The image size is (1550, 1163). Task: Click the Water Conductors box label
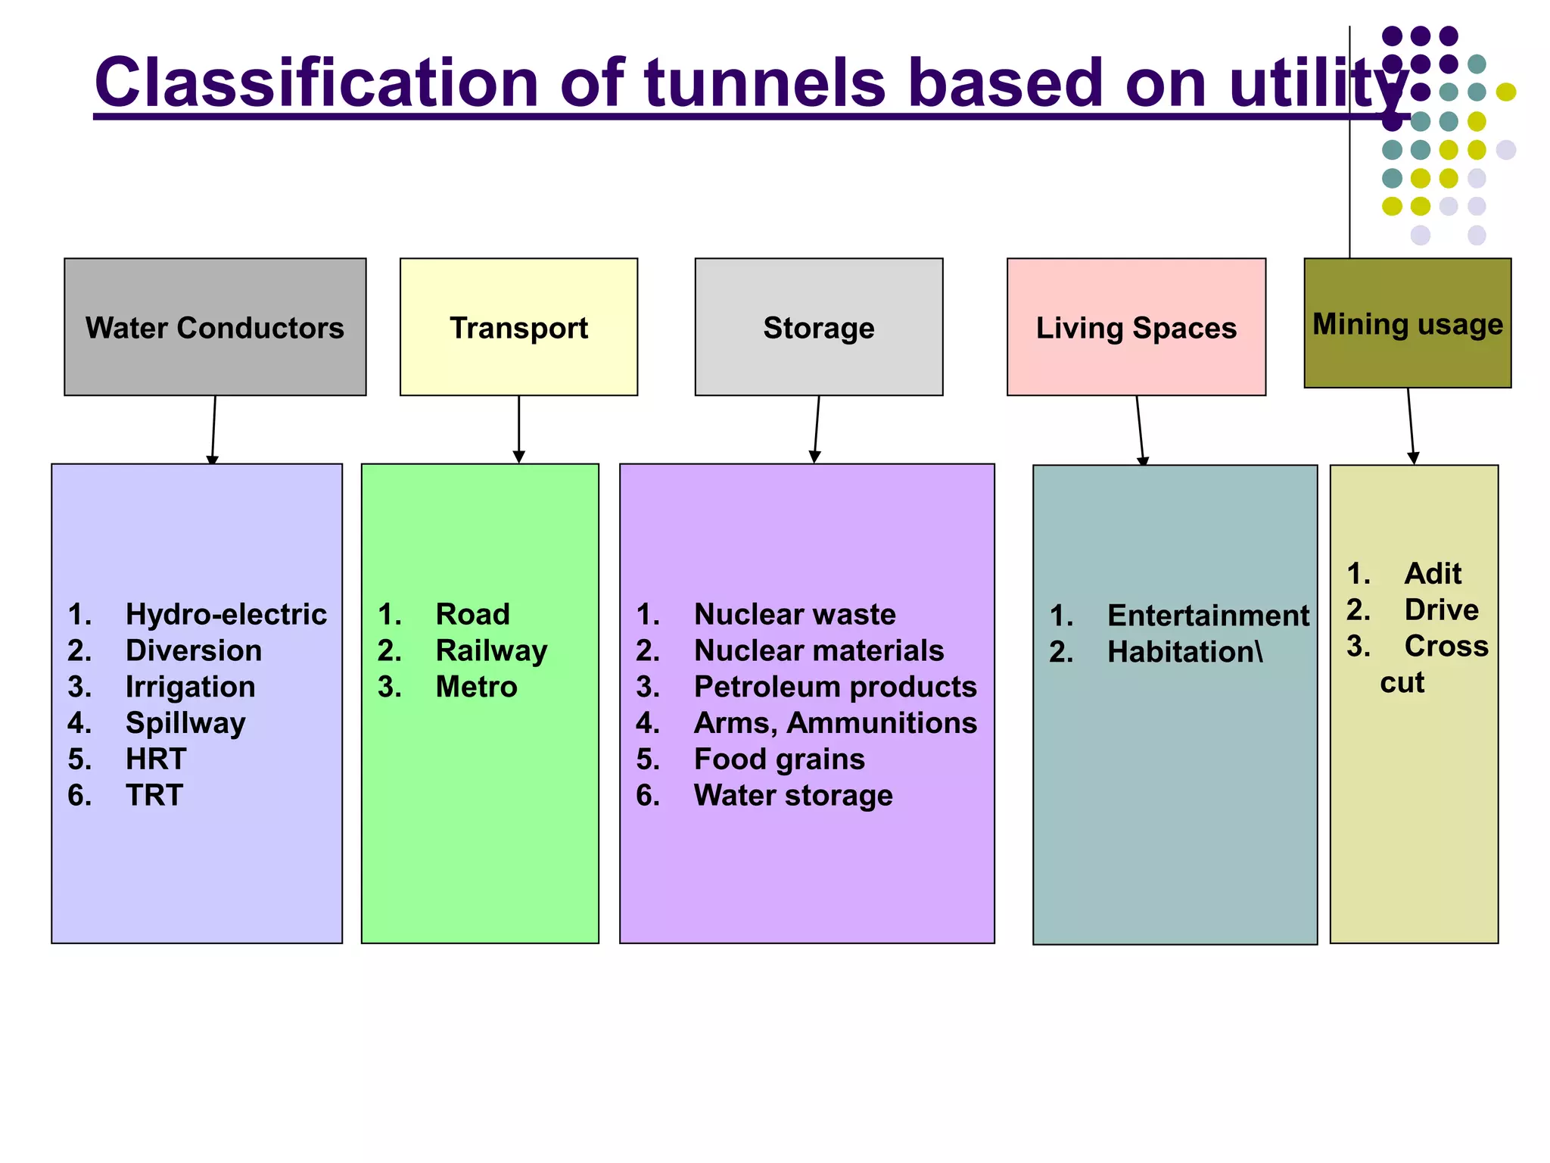coord(215,328)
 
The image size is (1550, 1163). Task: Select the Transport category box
coord(518,327)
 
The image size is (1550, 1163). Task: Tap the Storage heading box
coord(818,327)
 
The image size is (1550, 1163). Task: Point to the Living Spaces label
coord(1135,328)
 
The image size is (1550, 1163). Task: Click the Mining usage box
coord(1407,323)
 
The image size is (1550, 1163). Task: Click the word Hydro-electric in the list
coord(226,614)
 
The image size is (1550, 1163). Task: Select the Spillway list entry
coord(185,723)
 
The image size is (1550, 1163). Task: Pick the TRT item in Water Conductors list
coord(154,795)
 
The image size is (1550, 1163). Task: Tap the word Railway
coord(491,650)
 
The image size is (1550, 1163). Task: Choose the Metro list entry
coord(476,687)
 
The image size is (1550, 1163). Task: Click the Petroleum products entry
coord(835,687)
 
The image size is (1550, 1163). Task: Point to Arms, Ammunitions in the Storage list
coord(835,723)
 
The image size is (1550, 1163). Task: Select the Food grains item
coord(779,759)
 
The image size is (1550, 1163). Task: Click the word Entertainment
coord(1207,616)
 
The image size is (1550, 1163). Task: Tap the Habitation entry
coord(1184,652)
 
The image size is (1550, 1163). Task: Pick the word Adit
coord(1432,573)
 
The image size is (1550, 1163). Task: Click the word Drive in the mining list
coord(1441,610)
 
